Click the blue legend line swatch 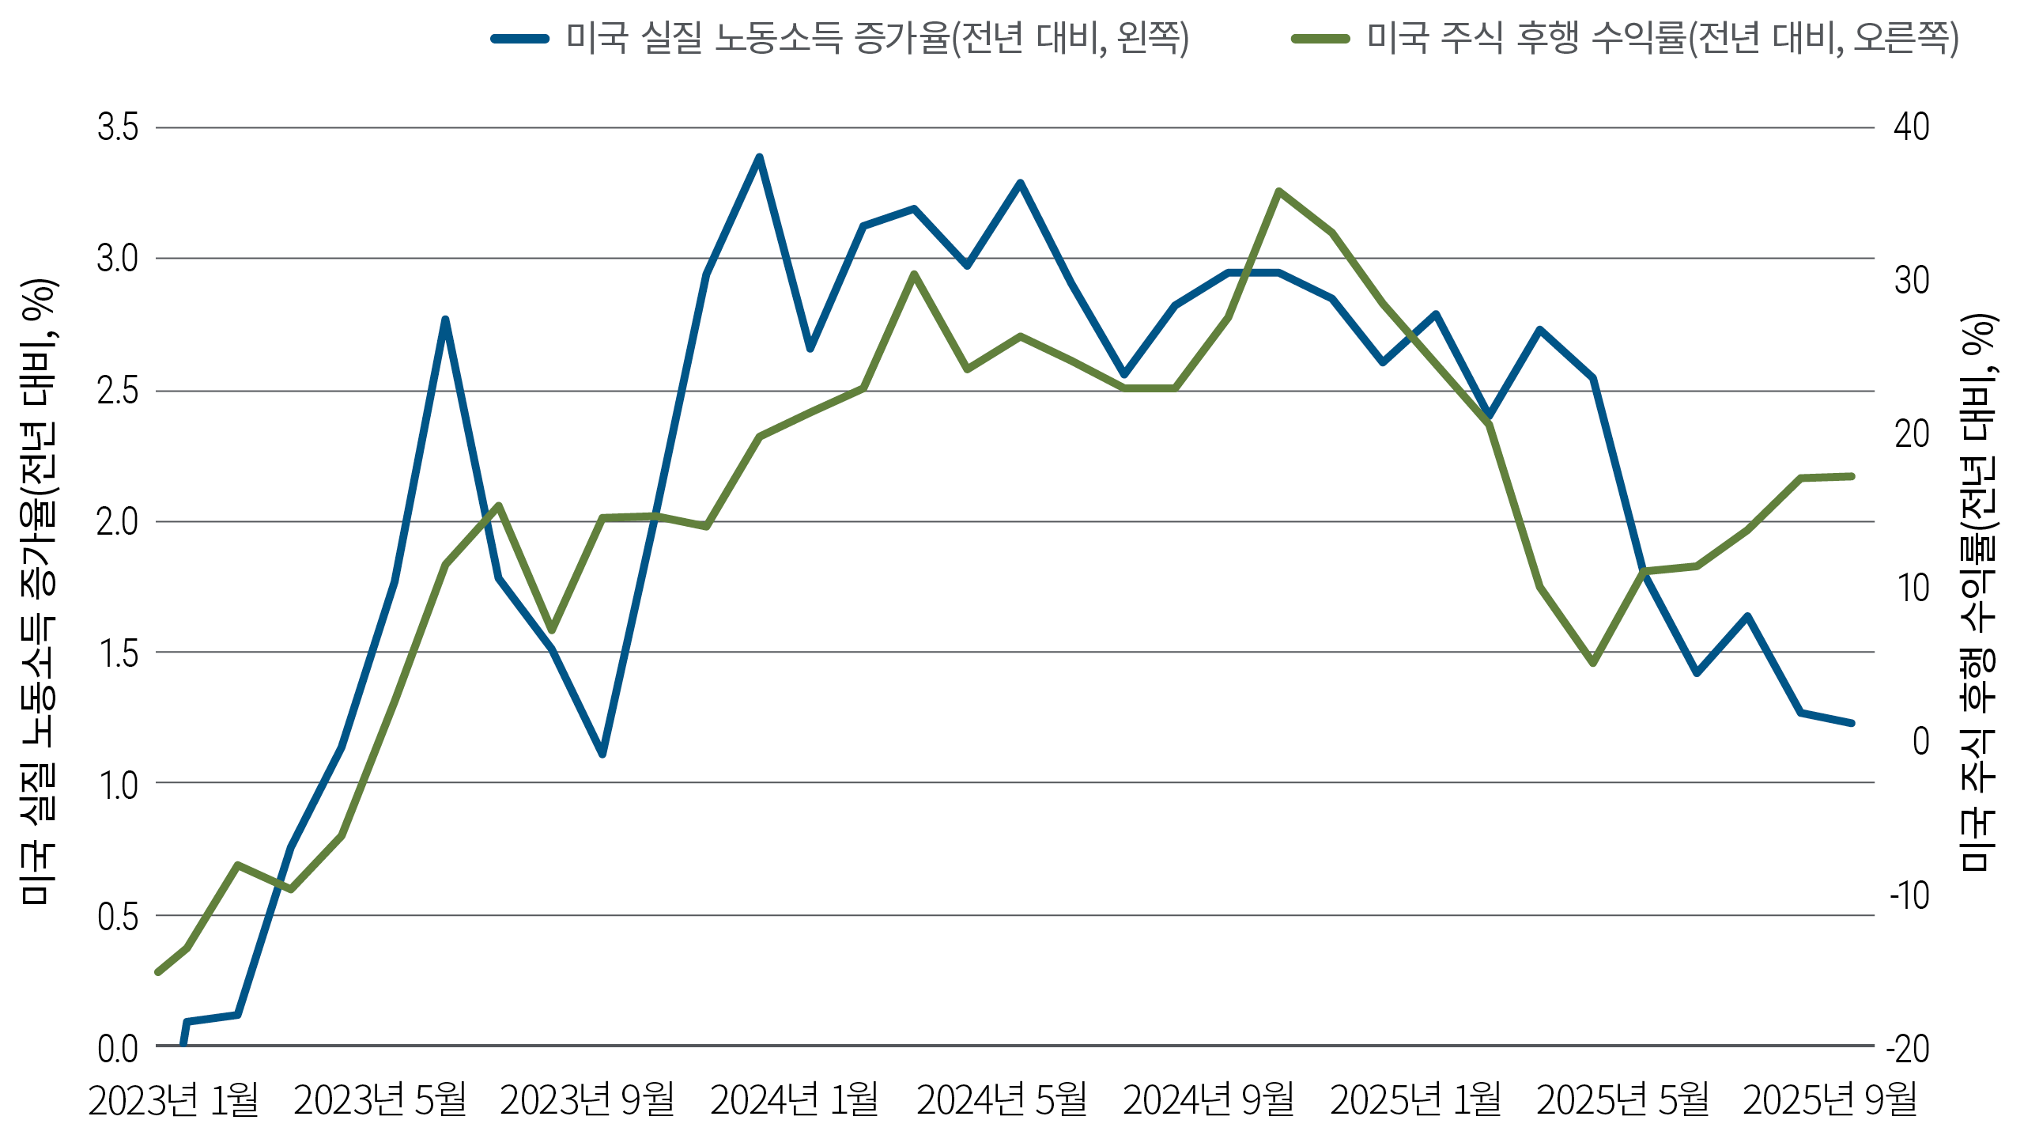point(519,38)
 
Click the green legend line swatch point(1320,38)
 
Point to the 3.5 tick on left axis point(117,127)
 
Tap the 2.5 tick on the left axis point(117,391)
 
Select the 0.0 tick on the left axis point(117,1048)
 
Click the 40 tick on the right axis point(1911,127)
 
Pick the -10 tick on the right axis point(1909,895)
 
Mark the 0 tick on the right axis point(1920,741)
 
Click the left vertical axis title point(38,592)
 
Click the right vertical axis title point(1978,592)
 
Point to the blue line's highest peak point(759,157)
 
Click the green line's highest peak point(1278,191)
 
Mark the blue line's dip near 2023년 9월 point(602,754)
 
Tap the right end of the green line point(1852,476)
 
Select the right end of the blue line point(1852,722)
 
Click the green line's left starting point point(158,972)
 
